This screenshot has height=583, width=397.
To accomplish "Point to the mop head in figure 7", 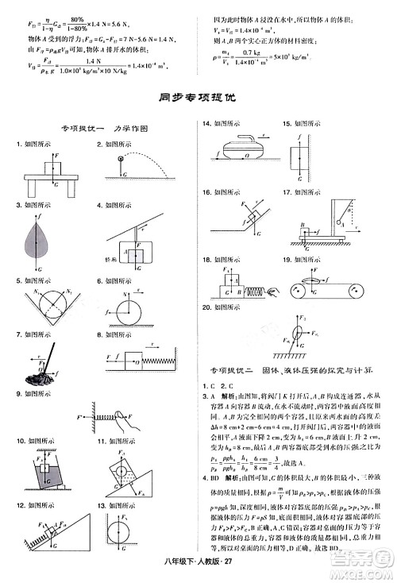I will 34,380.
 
